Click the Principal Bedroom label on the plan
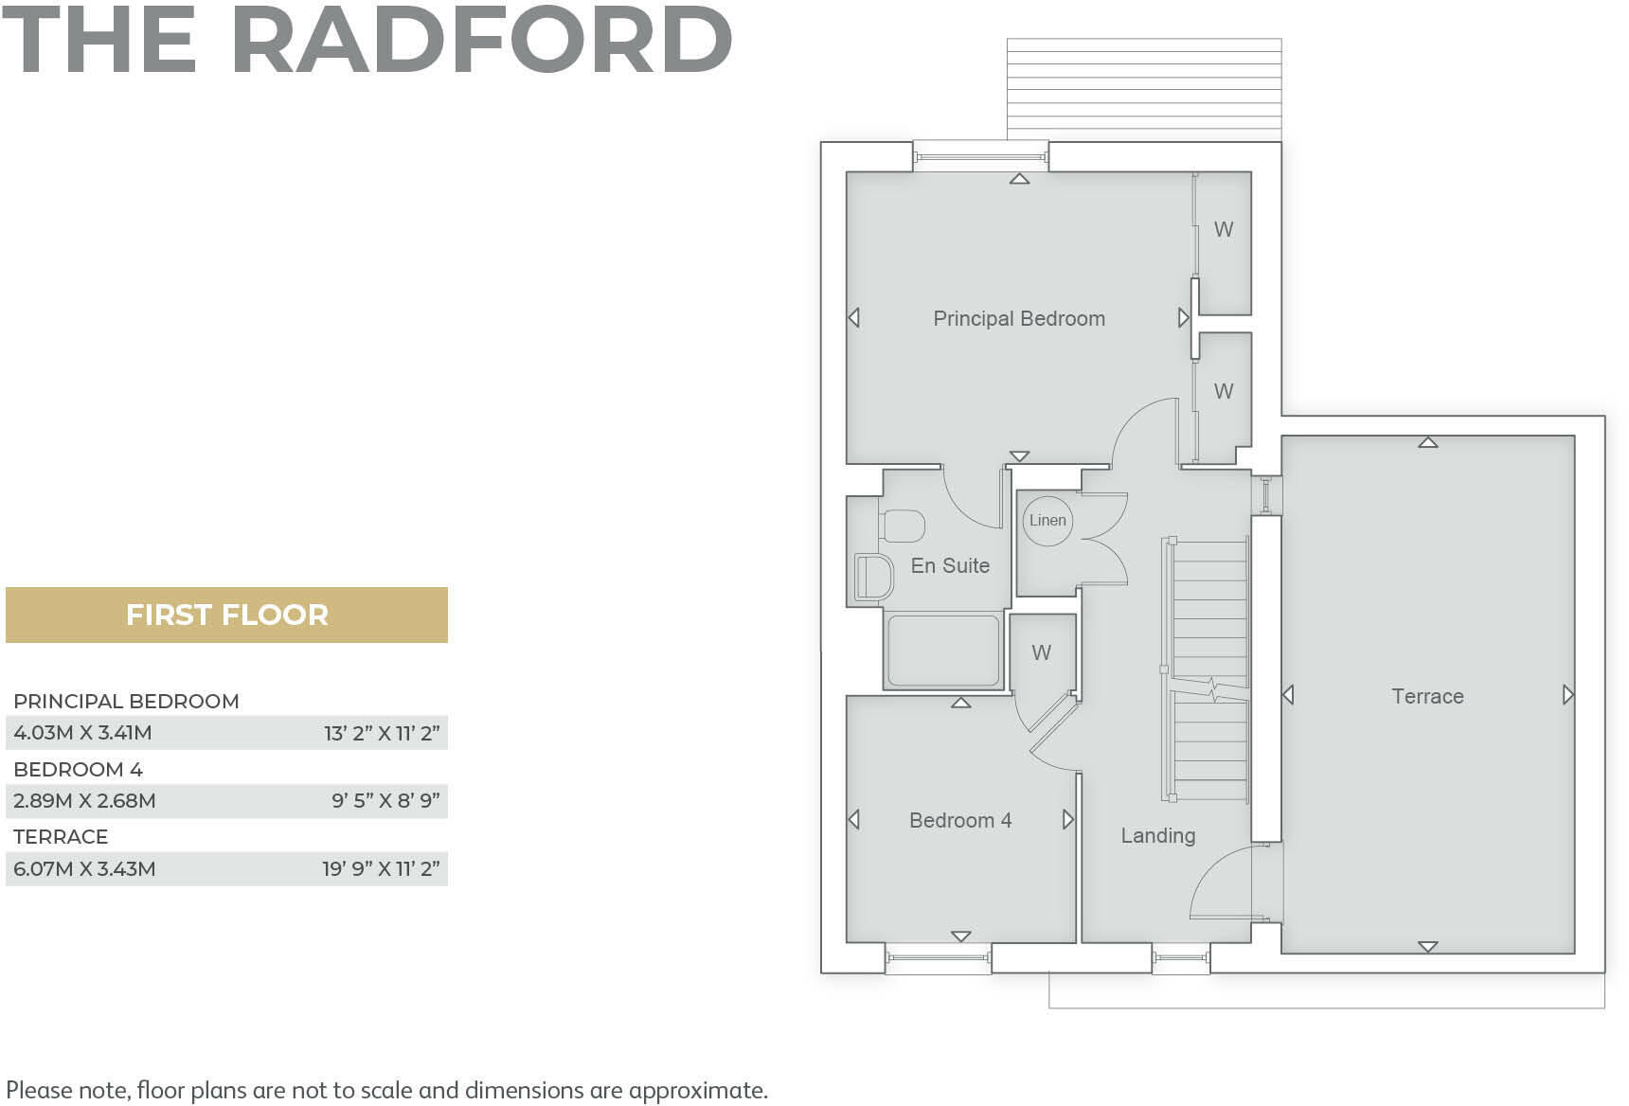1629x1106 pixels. (x=1019, y=318)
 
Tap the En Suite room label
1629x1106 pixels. (x=950, y=565)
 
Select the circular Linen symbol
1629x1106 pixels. (x=1047, y=520)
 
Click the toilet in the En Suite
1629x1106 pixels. (x=903, y=526)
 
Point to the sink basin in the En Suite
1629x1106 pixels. (x=874, y=578)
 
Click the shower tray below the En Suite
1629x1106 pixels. (x=943, y=651)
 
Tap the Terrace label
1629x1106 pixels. (x=1427, y=696)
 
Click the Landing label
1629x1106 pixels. (x=1157, y=835)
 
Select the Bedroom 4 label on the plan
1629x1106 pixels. (x=960, y=820)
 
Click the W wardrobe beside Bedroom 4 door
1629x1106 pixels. (x=1041, y=652)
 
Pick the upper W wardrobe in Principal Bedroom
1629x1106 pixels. (x=1224, y=229)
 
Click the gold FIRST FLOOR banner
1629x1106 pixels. (x=226, y=615)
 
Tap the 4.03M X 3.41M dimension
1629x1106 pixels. (x=83, y=733)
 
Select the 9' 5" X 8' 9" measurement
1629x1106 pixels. (x=385, y=801)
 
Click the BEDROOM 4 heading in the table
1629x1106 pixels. (x=78, y=769)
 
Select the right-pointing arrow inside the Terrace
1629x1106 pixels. (x=1567, y=695)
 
